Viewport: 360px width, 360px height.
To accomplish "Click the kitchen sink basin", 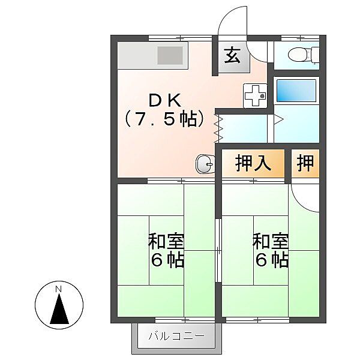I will (170, 56).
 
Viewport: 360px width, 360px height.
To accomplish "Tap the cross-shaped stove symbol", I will (254, 95).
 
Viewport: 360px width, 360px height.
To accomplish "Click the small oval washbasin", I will (204, 163).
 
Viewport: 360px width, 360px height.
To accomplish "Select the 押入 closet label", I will (250, 163).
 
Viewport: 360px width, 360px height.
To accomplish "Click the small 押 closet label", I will (305, 163).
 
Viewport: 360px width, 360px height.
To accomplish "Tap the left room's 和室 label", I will (166, 242).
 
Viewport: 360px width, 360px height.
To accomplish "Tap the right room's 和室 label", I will (270, 242).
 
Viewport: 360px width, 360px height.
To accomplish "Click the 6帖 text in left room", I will (166, 261).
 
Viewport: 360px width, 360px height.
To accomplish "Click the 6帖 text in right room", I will (270, 261).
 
